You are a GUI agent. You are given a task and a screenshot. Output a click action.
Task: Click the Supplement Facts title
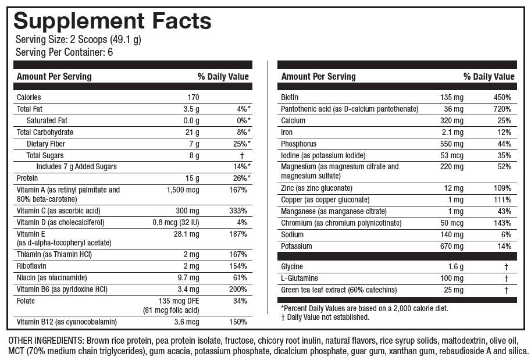pos(112,21)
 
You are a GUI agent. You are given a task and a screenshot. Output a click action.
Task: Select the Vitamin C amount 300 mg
pos(186,211)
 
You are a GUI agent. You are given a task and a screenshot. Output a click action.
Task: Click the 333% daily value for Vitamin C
pos(238,211)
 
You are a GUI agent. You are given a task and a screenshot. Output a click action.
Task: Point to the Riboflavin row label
pos(32,266)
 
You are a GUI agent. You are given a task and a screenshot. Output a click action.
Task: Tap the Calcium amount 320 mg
pos(451,120)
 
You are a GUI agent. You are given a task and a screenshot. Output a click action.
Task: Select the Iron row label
pos(287,132)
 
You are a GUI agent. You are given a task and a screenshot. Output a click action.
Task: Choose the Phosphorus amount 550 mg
pos(451,144)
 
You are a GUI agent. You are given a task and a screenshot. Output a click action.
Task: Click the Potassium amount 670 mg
pos(451,246)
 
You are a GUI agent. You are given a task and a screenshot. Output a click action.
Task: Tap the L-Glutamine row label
pos(301,278)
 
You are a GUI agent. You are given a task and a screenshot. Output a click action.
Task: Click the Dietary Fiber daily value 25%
pos(240,144)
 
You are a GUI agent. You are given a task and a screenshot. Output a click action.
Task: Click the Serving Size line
pos(79,40)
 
